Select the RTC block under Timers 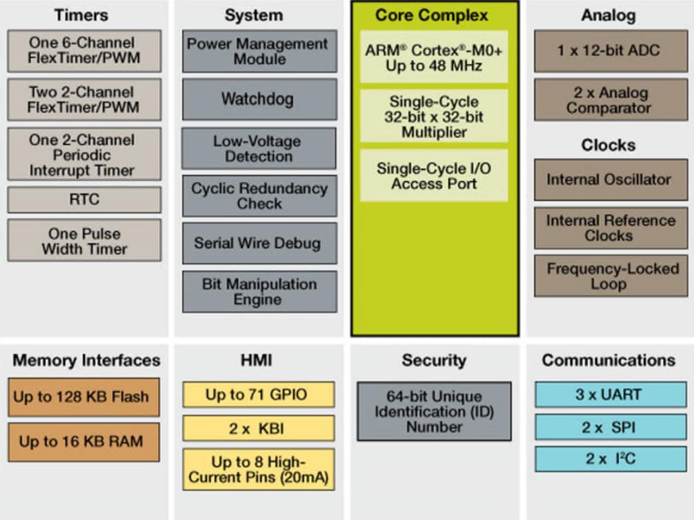(84, 199)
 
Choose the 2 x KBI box (258, 428)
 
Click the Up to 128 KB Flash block (83, 397)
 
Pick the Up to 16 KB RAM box (83, 441)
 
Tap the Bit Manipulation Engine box (259, 291)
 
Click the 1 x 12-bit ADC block (611, 50)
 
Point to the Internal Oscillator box (611, 179)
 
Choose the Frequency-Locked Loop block (611, 276)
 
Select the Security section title (434, 360)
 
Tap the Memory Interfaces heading (86, 360)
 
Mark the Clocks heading (608, 146)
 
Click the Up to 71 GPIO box (258, 394)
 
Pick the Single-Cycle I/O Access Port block (434, 176)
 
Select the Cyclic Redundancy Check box (259, 195)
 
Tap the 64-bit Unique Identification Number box (434, 411)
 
